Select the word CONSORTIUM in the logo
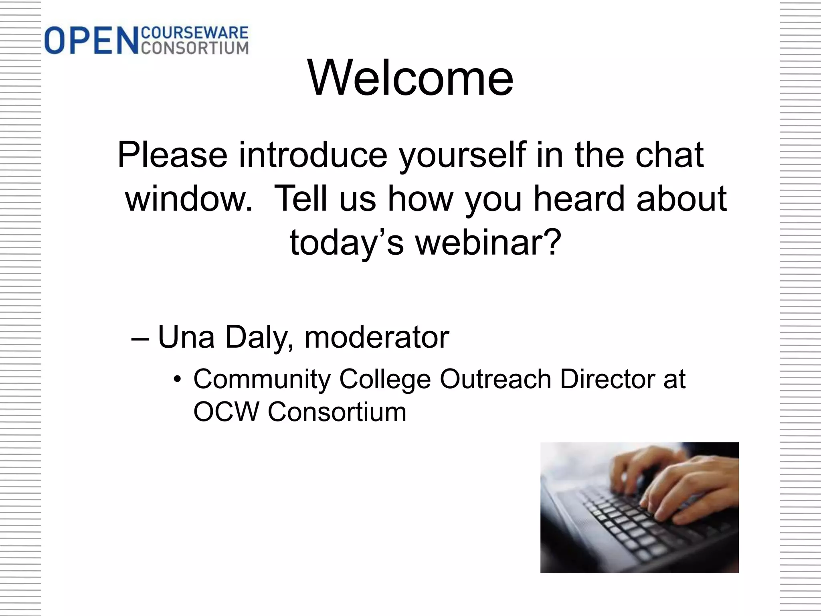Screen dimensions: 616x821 pyautogui.click(x=195, y=48)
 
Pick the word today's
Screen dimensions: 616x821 pyautogui.click(x=346, y=243)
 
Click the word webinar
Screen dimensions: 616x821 pyautogui.click(x=487, y=242)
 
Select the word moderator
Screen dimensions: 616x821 pyautogui.click(x=376, y=337)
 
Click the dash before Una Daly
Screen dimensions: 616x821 pyautogui.click(x=140, y=338)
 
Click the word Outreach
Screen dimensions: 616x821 pyautogui.click(x=495, y=379)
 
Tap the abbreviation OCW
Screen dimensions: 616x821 pyautogui.click(x=226, y=412)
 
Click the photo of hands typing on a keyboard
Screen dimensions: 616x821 pyautogui.click(x=639, y=507)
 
